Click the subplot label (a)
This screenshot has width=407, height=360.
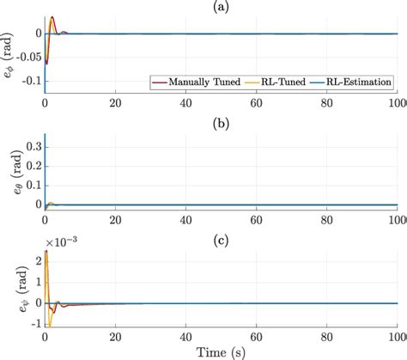pyautogui.click(x=221, y=5)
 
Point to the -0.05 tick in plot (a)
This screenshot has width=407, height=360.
pyautogui.click(x=25, y=60)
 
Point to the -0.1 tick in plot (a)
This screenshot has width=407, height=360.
pyautogui.click(x=29, y=86)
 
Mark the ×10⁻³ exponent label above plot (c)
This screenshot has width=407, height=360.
pyautogui.click(x=61, y=240)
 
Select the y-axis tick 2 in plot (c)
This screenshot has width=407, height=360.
pyautogui.click(x=36, y=255)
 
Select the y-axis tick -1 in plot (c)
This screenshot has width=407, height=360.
pyautogui.click(x=33, y=324)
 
